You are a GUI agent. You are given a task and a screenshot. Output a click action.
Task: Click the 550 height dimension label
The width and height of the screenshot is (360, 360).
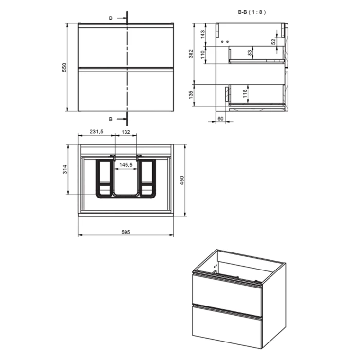pyautogui.click(x=64, y=67)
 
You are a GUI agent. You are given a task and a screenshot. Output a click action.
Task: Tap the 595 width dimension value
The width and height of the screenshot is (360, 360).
pyautogui.click(x=126, y=232)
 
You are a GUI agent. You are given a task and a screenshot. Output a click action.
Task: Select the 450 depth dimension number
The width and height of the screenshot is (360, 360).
pyautogui.click(x=182, y=180)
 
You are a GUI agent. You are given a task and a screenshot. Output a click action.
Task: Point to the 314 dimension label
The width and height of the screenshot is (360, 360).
pyautogui.click(x=65, y=169)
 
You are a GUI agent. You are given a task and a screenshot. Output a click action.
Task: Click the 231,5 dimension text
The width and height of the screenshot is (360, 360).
pyautogui.click(x=96, y=131)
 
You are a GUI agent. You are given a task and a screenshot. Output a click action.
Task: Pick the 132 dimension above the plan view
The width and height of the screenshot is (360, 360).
pyautogui.click(x=126, y=132)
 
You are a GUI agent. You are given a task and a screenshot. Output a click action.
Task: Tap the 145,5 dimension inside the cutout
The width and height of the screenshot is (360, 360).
pyautogui.click(x=126, y=165)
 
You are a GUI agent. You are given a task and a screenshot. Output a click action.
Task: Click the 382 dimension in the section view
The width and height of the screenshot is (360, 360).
pyautogui.click(x=191, y=54)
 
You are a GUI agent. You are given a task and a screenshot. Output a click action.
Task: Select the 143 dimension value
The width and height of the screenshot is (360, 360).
pyautogui.click(x=203, y=35)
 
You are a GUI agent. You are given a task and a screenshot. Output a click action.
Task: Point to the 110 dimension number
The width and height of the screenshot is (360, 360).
pyautogui.click(x=202, y=54)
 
